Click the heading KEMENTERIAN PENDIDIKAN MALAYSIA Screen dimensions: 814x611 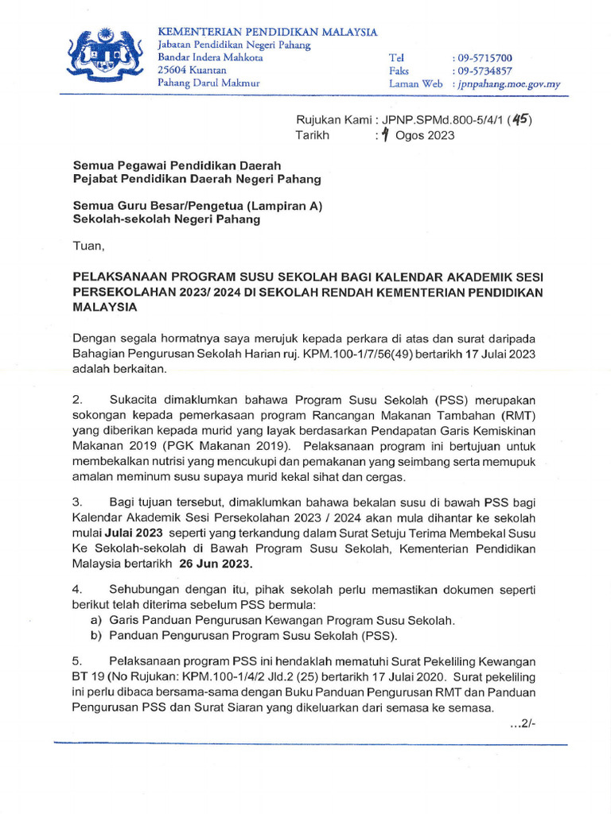tap(267, 32)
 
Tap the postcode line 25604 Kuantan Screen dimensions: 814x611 tap(192, 70)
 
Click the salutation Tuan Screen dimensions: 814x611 tap(88, 246)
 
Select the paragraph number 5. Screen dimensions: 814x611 tap(77, 661)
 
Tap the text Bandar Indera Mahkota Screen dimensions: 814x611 tap(210, 57)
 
